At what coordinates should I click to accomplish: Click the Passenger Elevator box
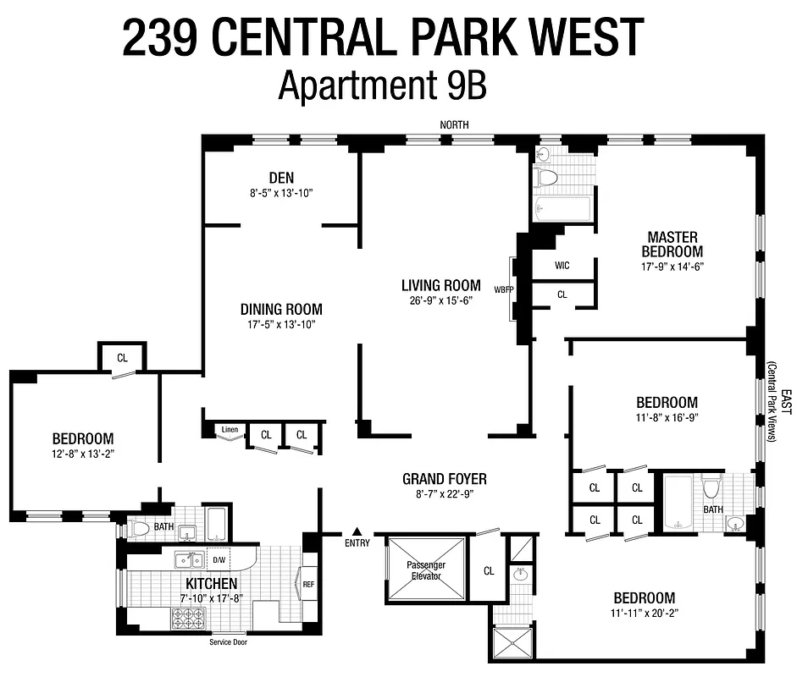(425, 569)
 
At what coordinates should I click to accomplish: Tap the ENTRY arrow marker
(357, 531)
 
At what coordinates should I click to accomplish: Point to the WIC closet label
(562, 266)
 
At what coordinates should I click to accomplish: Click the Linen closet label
(230, 430)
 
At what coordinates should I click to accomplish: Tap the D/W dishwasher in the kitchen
(219, 560)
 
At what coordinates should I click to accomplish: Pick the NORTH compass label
(454, 125)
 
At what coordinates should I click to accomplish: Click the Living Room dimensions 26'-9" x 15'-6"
(440, 300)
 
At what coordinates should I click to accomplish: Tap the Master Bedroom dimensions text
(673, 266)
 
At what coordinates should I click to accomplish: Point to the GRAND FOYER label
(444, 480)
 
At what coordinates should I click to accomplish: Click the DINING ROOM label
(281, 310)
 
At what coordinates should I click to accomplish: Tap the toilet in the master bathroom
(547, 177)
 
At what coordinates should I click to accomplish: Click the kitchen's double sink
(188, 559)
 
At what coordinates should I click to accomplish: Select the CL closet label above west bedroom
(122, 358)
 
